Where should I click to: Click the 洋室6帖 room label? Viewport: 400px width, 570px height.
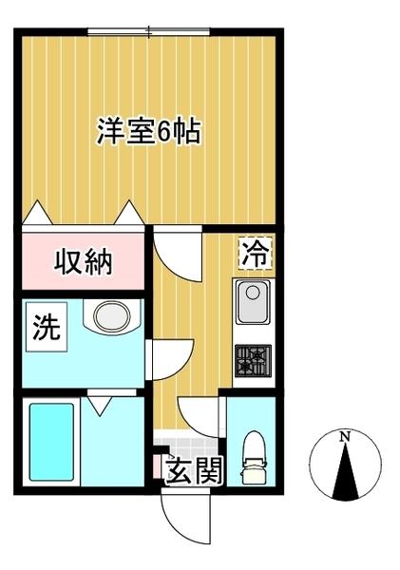click(x=147, y=131)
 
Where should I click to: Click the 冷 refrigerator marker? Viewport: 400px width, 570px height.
click(x=254, y=253)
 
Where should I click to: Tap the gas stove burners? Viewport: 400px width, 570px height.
click(x=253, y=359)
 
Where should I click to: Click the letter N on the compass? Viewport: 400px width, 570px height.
click(x=346, y=436)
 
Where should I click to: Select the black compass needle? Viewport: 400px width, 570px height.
click(x=346, y=470)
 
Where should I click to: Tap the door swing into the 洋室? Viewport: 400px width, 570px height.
click(x=173, y=252)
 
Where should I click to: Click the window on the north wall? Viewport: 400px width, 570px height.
click(x=149, y=33)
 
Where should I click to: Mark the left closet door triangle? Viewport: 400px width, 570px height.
click(x=35, y=213)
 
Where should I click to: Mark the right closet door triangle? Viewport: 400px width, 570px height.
click(x=126, y=213)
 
